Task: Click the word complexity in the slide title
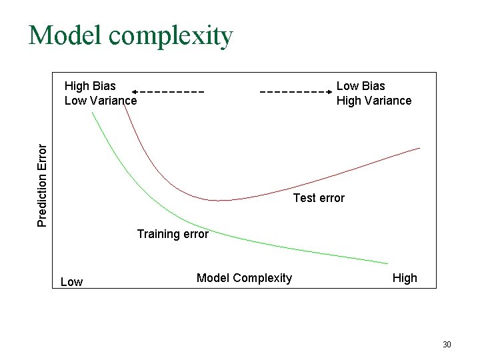point(174,37)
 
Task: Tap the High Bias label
point(90,85)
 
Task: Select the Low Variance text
point(101,101)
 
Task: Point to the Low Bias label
point(361,85)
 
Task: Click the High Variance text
point(374,101)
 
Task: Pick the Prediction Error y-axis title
point(42,185)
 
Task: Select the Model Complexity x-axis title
point(244,277)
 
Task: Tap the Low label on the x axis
point(71,282)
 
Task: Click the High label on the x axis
point(405,278)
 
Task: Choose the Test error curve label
point(319,198)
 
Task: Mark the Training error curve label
point(173,234)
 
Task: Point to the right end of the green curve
point(387,263)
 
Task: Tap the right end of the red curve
point(420,147)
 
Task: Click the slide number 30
point(447,345)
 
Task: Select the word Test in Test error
point(305,198)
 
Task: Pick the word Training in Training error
point(159,234)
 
